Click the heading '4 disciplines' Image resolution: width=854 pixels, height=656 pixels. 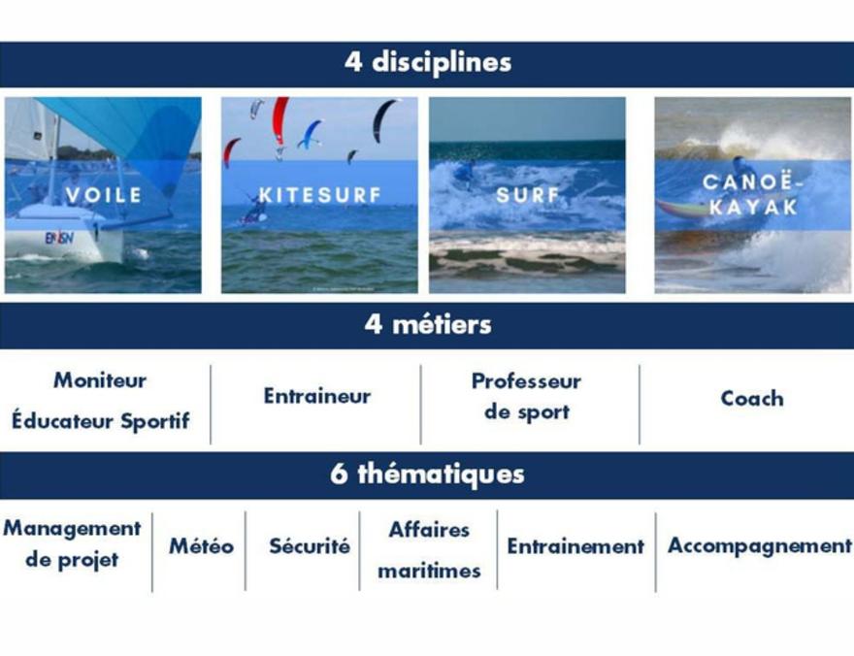(428, 62)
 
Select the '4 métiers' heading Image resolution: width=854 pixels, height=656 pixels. (428, 324)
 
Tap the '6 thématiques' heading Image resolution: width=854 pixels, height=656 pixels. (427, 475)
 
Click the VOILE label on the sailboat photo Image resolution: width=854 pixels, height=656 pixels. (104, 195)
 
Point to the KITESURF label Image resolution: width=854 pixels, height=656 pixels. (319, 195)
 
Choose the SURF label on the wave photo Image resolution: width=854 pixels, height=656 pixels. (528, 195)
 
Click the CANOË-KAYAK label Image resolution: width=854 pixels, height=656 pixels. (753, 194)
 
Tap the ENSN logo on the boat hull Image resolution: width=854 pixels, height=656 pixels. (59, 238)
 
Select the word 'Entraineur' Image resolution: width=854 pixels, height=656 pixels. (317, 396)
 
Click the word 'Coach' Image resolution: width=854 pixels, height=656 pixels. (752, 398)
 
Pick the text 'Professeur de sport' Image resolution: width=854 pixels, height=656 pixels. (526, 396)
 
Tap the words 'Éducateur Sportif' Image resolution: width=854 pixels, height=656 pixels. (101, 421)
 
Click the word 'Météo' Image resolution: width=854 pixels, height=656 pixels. (202, 545)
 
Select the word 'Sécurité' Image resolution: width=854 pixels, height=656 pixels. (310, 545)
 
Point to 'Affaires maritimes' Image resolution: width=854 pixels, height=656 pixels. (429, 550)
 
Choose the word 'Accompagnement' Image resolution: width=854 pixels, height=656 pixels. (760, 546)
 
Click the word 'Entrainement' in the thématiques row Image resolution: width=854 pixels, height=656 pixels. (575, 546)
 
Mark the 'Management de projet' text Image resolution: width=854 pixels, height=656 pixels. (72, 543)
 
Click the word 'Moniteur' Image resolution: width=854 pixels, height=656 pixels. (100, 380)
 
